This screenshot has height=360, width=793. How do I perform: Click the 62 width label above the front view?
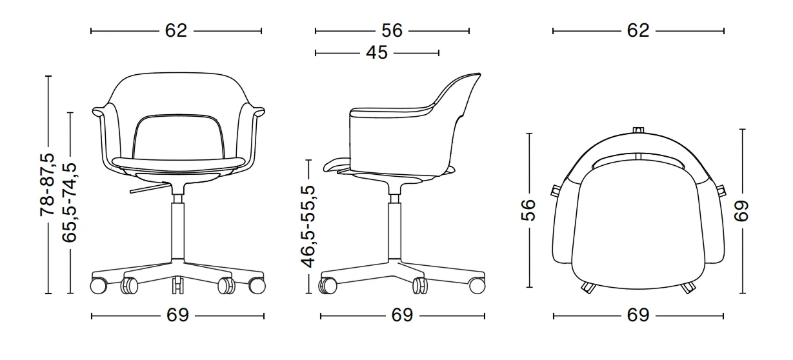pos(176,30)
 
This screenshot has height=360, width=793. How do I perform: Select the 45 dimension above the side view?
pos(376,52)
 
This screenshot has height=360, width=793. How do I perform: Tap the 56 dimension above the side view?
pos(392,30)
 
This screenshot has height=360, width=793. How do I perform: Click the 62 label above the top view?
pos(637,30)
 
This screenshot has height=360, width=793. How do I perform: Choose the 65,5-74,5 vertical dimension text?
pos(70,201)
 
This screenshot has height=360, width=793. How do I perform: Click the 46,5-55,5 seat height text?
pos(309,226)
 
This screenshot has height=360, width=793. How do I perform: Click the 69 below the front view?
pos(177,315)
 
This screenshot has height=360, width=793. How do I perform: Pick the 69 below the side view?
pos(402,315)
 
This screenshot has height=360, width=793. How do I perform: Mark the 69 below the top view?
pos(637,315)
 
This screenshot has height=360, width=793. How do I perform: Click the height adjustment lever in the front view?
pos(147,190)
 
